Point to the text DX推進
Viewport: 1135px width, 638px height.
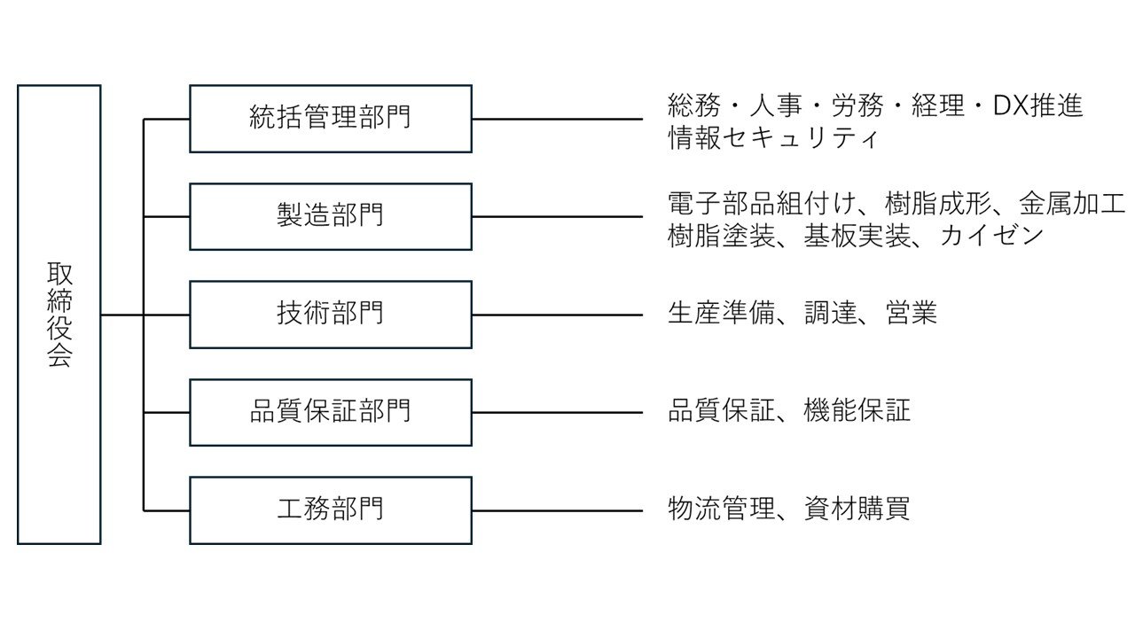[1037, 105]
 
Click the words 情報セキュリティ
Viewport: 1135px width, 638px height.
[773, 137]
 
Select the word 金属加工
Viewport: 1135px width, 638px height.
[1072, 204]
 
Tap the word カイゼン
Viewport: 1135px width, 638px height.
[991, 236]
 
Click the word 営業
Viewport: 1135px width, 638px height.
[912, 313]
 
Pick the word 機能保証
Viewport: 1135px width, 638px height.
[857, 410]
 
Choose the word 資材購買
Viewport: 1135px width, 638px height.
[857, 509]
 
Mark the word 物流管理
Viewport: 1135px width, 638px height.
[721, 509]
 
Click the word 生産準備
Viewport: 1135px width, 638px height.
[721, 313]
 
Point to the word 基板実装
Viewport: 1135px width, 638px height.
[857, 236]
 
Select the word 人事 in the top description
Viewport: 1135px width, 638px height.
[776, 105]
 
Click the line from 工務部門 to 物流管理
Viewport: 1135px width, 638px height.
[558, 510]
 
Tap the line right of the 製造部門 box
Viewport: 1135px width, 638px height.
[558, 217]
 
